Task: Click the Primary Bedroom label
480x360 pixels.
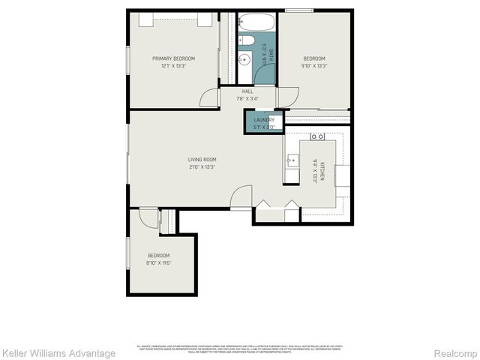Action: click(173, 58)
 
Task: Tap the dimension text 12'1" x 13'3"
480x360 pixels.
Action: click(173, 66)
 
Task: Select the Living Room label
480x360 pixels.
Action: click(202, 159)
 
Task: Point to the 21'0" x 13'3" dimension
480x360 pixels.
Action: click(202, 166)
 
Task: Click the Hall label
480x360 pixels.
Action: click(247, 91)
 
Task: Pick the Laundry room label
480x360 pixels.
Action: click(263, 120)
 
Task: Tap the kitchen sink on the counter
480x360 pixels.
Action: click(292, 159)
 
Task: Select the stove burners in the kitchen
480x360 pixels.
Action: click(317, 137)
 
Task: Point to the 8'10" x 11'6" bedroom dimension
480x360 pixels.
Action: click(158, 262)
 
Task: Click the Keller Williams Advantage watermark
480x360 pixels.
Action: click(58, 352)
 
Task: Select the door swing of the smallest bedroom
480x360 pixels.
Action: click(148, 217)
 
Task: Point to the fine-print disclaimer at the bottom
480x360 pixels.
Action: click(239, 347)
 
